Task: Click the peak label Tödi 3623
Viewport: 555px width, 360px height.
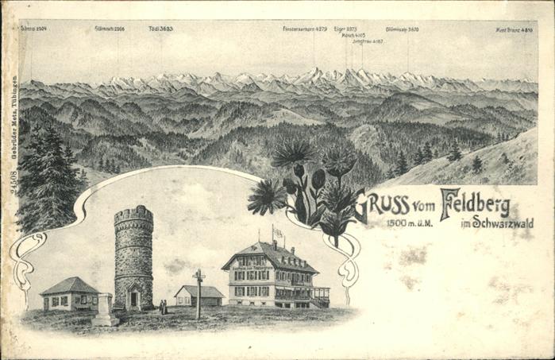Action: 160,29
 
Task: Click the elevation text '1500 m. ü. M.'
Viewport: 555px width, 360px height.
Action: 410,223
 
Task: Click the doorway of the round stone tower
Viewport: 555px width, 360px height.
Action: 133,299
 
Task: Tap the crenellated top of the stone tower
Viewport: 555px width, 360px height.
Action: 133,215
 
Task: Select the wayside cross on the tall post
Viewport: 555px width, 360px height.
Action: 198,277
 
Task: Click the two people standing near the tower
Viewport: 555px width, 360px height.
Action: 163,306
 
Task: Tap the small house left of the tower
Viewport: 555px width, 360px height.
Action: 69,294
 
